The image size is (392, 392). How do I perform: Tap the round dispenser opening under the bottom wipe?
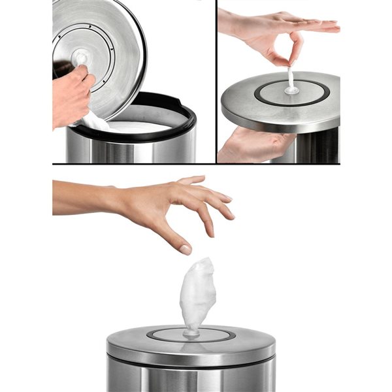pyautogui.click(x=191, y=335)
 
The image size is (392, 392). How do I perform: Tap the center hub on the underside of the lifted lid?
pyautogui.click(x=81, y=57)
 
